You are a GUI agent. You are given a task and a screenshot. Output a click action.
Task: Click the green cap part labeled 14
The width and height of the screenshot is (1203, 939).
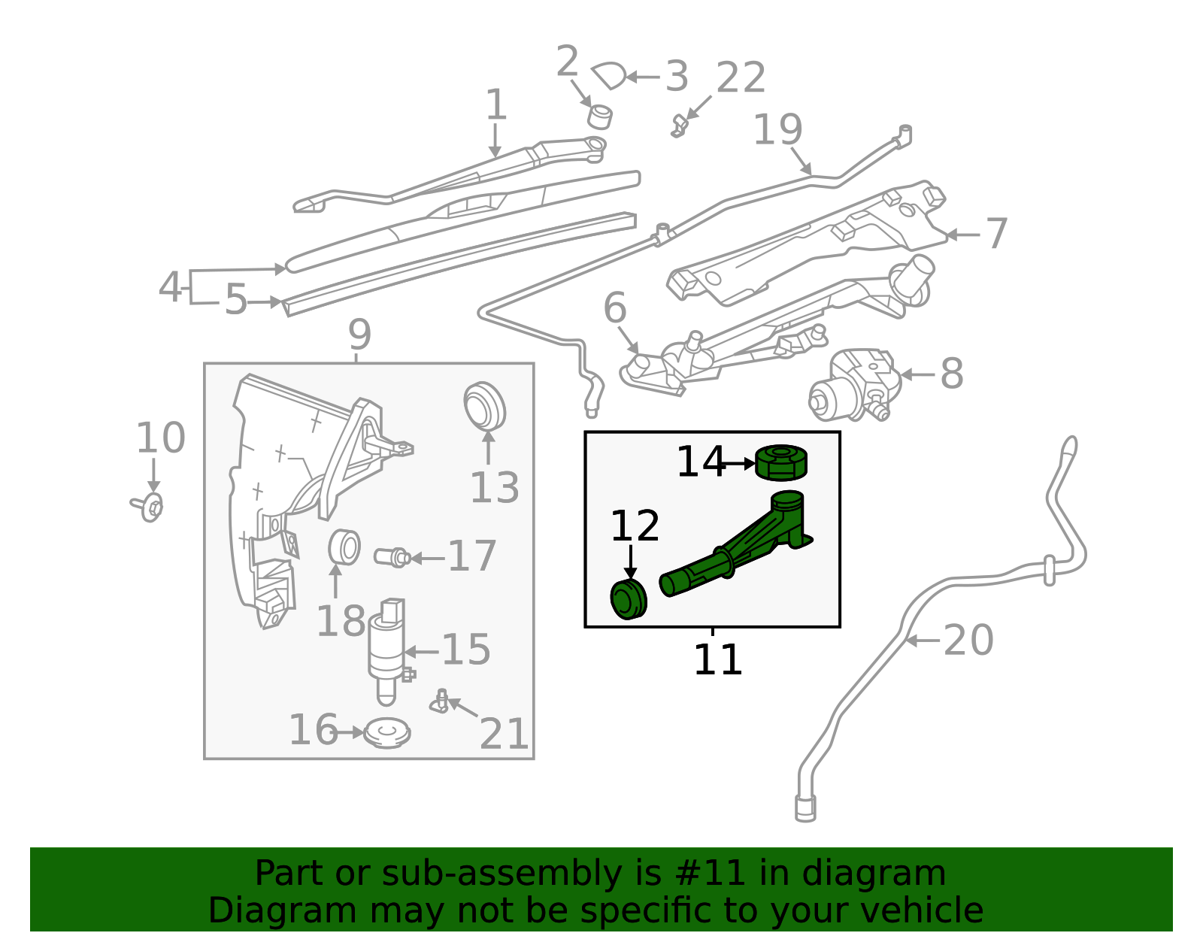click(781, 462)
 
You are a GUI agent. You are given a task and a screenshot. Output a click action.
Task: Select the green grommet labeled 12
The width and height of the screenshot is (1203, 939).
click(629, 599)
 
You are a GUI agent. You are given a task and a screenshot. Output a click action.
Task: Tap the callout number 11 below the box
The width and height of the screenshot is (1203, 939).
click(717, 659)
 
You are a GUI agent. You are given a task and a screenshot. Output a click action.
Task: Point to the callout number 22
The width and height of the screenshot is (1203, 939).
click(741, 78)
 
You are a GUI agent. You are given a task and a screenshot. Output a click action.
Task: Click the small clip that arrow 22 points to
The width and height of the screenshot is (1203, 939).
click(679, 127)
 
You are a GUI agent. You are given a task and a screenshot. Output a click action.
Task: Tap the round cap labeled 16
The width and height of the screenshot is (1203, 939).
click(387, 733)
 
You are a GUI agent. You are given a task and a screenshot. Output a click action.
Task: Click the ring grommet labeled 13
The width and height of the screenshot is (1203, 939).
click(484, 405)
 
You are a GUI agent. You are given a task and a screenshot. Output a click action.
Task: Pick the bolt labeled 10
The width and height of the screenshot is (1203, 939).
click(147, 506)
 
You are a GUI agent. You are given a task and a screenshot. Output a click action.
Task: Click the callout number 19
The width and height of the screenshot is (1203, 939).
click(778, 130)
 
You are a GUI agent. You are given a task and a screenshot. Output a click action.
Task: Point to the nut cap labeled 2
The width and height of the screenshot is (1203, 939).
click(599, 117)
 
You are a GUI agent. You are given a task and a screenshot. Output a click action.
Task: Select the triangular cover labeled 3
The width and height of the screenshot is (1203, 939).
click(609, 75)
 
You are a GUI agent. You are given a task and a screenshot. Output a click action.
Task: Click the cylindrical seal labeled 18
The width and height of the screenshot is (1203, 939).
click(344, 547)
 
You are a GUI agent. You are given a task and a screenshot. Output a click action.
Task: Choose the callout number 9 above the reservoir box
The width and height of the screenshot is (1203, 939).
click(359, 335)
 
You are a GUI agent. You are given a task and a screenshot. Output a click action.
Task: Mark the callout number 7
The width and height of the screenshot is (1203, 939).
click(996, 233)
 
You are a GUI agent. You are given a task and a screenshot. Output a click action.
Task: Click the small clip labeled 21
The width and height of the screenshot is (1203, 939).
click(439, 701)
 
